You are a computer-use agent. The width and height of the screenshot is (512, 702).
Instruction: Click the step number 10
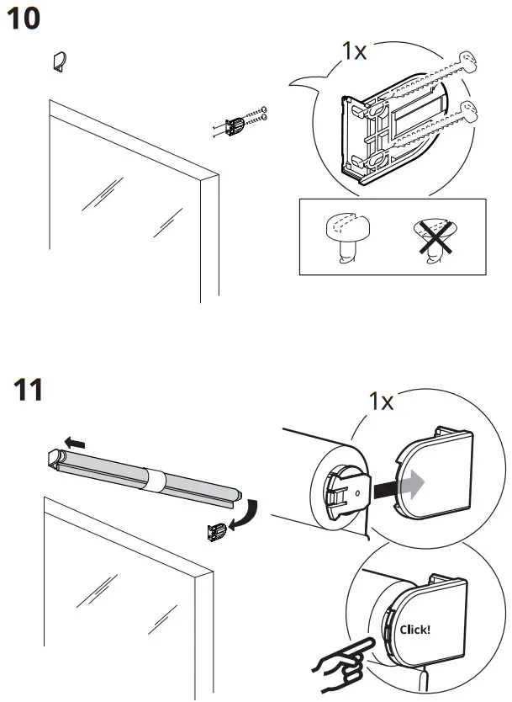24,18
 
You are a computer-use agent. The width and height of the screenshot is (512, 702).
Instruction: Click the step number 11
29,391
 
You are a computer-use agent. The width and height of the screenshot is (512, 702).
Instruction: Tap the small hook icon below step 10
58,61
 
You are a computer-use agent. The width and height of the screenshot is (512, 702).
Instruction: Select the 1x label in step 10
354,51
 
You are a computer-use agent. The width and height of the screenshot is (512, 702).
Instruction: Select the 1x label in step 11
382,402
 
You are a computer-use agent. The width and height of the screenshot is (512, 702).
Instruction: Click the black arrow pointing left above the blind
76,442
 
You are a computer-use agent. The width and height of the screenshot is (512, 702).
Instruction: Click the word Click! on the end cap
414,628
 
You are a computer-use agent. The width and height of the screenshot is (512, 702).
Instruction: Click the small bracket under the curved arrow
217,531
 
